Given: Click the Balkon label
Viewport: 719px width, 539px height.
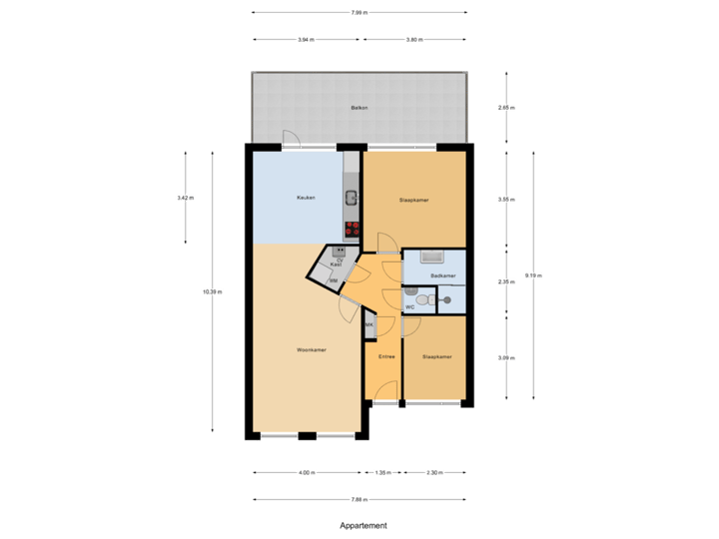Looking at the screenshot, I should (x=359, y=107).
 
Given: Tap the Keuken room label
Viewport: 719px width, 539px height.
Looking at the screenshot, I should (x=306, y=198).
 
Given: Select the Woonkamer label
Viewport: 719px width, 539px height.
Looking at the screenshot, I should (x=312, y=350).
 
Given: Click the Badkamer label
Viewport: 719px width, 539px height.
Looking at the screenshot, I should (x=443, y=275).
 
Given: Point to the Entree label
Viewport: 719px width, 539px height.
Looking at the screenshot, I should (x=385, y=356).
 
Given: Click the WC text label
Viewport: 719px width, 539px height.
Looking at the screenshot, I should (x=409, y=307).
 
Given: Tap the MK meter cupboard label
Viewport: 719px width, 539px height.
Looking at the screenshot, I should (x=368, y=325).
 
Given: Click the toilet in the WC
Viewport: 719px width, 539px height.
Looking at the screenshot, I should (x=424, y=297).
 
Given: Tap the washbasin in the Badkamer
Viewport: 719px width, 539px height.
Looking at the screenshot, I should (x=432, y=257).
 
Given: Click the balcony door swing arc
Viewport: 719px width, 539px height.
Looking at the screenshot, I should (x=288, y=139).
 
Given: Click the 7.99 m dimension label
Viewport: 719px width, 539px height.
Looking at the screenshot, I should (x=359, y=13).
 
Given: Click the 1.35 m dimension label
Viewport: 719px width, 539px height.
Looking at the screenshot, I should (x=382, y=472).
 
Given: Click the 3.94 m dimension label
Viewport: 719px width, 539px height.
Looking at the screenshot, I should (x=306, y=40).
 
